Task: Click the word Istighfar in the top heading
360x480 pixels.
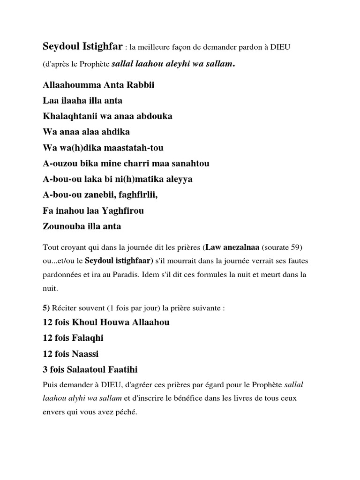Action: click(x=98, y=47)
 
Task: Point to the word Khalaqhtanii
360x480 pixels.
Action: click(x=68, y=116)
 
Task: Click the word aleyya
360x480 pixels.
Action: click(x=176, y=179)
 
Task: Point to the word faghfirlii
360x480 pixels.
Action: click(x=133, y=195)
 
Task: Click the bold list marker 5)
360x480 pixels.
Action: click(x=46, y=307)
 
